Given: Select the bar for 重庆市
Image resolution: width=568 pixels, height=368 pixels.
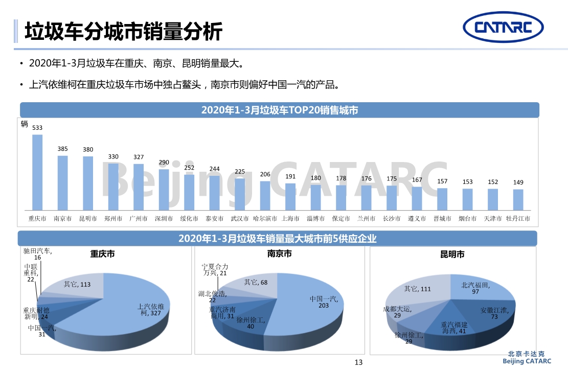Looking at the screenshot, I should (x=37, y=172).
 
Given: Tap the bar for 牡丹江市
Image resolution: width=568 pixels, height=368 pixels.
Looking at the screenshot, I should (x=518, y=200).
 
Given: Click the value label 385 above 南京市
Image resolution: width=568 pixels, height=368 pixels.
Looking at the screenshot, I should (x=62, y=149).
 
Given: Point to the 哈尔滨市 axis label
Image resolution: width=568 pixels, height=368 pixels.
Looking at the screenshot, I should (x=265, y=219).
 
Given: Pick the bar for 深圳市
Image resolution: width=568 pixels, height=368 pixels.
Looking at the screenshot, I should (x=164, y=190).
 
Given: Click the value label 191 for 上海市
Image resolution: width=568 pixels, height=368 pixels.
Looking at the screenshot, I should (x=290, y=176).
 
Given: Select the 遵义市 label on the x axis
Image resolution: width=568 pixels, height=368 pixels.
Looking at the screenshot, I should (x=417, y=219).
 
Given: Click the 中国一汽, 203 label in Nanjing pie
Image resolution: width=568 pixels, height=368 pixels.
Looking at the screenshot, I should (x=323, y=302).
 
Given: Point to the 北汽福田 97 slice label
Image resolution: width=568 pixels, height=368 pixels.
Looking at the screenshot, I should (x=475, y=288).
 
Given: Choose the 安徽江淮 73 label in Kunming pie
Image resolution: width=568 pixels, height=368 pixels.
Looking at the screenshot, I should (x=494, y=313).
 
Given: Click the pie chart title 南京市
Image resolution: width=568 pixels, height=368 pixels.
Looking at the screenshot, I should (x=279, y=254).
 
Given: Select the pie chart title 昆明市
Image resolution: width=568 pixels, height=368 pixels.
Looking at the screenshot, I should (x=452, y=254).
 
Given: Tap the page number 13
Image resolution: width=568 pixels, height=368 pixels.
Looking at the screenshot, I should (x=358, y=362).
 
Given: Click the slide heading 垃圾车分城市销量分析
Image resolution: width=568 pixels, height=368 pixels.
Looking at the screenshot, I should (x=124, y=31).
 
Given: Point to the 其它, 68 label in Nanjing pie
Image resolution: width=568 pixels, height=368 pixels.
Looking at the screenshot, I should (x=256, y=282).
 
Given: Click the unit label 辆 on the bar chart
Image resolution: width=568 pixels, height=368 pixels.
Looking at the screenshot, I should (x=25, y=124).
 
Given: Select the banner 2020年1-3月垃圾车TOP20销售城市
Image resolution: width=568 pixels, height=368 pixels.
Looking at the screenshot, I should (x=279, y=110).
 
